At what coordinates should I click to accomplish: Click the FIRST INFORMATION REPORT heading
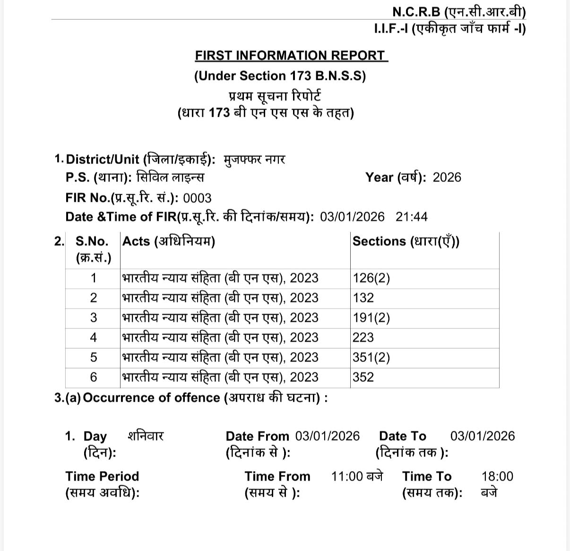[291, 55]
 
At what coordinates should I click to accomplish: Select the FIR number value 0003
[197, 198]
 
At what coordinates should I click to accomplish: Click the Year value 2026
[447, 178]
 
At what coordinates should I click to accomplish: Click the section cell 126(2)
[371, 278]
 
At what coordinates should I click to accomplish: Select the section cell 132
[363, 298]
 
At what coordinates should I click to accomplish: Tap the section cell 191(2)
[371, 318]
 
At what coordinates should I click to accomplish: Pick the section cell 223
[363, 337]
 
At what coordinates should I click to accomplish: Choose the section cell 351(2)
[371, 357]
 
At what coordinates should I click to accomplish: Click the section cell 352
[363, 377]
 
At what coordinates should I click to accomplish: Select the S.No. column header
[92, 241]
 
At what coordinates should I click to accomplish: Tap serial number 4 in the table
[93, 337]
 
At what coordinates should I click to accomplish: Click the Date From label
[257, 436]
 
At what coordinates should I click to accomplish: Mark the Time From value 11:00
[347, 476]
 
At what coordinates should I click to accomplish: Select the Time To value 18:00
[497, 476]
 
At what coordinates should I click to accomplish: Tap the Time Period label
[102, 476]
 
